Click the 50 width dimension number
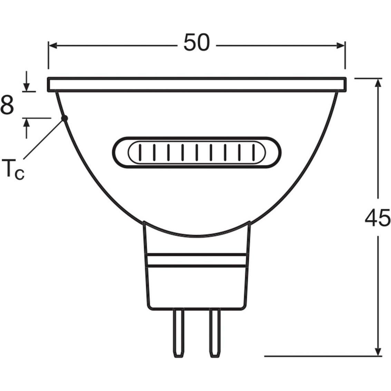click(x=196, y=42)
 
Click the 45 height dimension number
click(x=378, y=218)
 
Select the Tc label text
click(x=13, y=168)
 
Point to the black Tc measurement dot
click(x=65, y=118)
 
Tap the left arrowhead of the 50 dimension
click(x=52, y=46)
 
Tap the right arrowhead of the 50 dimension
click(x=341, y=46)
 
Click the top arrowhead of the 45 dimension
click(x=379, y=82)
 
